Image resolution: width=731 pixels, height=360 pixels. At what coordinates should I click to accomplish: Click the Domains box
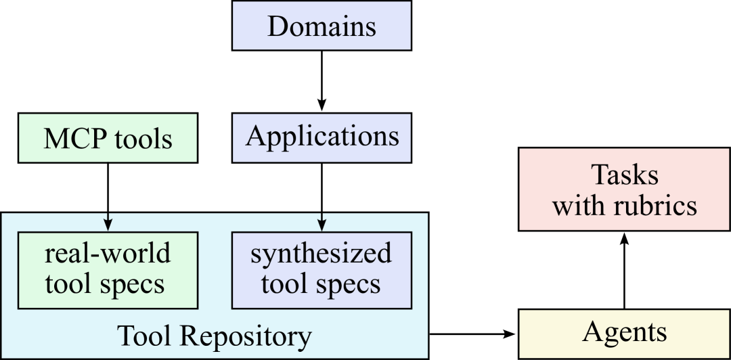(322, 26)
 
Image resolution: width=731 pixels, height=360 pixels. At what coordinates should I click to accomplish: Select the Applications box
(322, 137)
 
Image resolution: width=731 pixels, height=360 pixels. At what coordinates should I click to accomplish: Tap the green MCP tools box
(108, 139)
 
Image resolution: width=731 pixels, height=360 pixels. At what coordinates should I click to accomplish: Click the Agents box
(624, 333)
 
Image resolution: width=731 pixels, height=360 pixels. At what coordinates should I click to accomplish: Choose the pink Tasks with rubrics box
(624, 189)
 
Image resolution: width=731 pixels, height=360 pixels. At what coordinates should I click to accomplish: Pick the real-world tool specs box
(108, 269)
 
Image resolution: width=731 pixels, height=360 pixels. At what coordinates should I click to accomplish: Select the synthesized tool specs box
(322, 269)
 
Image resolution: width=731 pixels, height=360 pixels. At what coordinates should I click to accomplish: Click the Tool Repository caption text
(215, 336)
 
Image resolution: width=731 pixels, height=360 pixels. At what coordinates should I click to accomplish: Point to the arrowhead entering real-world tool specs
(108, 226)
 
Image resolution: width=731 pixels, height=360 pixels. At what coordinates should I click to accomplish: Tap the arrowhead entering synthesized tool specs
(322, 226)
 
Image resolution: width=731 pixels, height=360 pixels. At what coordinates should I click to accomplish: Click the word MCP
(75, 139)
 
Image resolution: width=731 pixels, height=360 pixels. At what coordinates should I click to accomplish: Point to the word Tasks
(625, 175)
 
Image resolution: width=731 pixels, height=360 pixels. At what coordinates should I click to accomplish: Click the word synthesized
(322, 254)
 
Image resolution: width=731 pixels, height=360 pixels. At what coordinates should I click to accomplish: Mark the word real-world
(108, 254)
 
